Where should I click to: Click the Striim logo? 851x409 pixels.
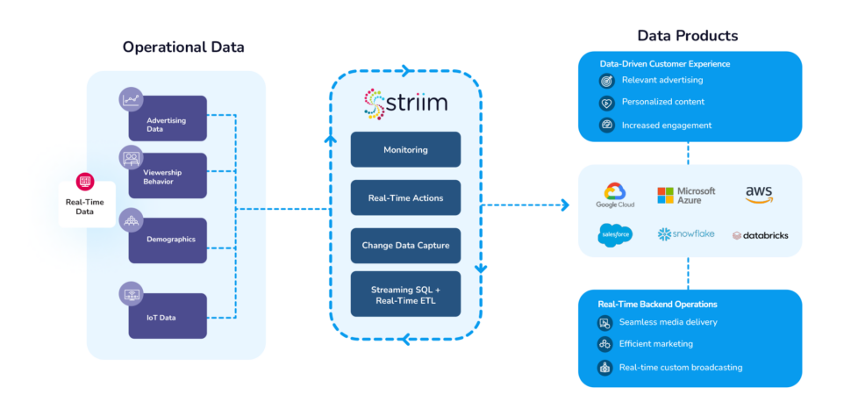pyautogui.click(x=405, y=103)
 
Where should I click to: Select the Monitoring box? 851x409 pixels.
pyautogui.click(x=405, y=149)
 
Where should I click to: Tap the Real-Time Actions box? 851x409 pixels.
pyautogui.click(x=405, y=197)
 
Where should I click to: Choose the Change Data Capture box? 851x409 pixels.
pyautogui.click(x=405, y=246)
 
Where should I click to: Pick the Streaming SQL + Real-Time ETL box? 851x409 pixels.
pyautogui.click(x=405, y=294)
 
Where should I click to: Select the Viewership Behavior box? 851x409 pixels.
pyautogui.click(x=168, y=176)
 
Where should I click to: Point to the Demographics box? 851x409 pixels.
pyautogui.click(x=168, y=240)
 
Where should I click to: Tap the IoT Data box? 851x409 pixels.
pyautogui.click(x=168, y=315)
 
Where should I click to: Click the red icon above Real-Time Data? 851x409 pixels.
pyautogui.click(x=86, y=182)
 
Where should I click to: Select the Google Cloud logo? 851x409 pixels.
pyautogui.click(x=614, y=195)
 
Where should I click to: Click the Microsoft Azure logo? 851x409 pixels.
pyautogui.click(x=686, y=195)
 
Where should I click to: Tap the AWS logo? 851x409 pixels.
pyautogui.click(x=759, y=194)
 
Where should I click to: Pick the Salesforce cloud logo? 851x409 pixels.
pyautogui.click(x=614, y=234)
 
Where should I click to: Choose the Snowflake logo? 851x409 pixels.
pyautogui.click(x=686, y=234)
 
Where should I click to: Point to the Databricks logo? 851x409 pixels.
pyautogui.click(x=759, y=235)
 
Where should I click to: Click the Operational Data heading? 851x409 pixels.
pyautogui.click(x=183, y=47)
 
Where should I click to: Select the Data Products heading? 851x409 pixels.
pyautogui.click(x=687, y=36)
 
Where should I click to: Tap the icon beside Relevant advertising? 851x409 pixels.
pyautogui.click(x=604, y=81)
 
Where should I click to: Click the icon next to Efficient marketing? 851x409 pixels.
pyautogui.click(x=604, y=345)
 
